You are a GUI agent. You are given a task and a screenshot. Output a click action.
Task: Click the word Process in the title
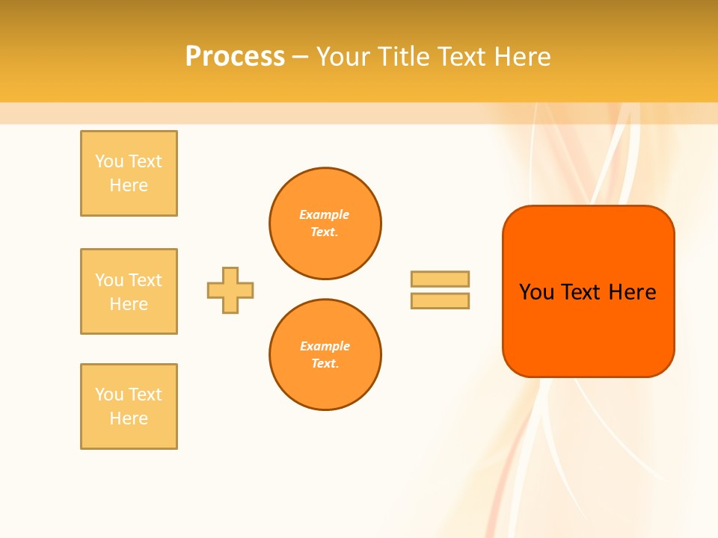tap(235, 57)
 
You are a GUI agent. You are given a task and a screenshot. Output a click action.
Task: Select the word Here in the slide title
tap(521, 57)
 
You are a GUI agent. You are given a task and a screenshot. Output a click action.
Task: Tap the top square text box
tap(129, 173)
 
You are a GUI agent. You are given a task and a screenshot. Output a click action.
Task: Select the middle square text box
tap(129, 291)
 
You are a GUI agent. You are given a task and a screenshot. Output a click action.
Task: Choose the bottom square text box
tap(129, 406)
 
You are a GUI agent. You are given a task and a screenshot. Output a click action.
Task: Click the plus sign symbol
tap(230, 290)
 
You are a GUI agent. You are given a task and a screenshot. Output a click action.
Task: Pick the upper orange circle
tap(325, 223)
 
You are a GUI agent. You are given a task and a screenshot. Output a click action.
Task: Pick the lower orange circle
tap(325, 355)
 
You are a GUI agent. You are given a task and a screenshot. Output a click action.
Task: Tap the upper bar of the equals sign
tap(440, 279)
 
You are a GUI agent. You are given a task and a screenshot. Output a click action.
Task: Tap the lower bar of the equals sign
tap(440, 300)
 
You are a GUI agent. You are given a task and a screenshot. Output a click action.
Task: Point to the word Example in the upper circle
tap(325, 214)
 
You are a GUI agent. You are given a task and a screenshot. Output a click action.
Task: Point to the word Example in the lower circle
tap(325, 346)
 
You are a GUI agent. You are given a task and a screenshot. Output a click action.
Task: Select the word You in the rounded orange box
tap(536, 292)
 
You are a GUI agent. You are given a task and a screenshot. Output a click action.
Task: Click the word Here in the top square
tap(129, 185)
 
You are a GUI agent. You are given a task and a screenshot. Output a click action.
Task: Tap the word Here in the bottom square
tap(129, 418)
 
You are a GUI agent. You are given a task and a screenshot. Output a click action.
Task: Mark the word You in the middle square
tap(110, 280)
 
